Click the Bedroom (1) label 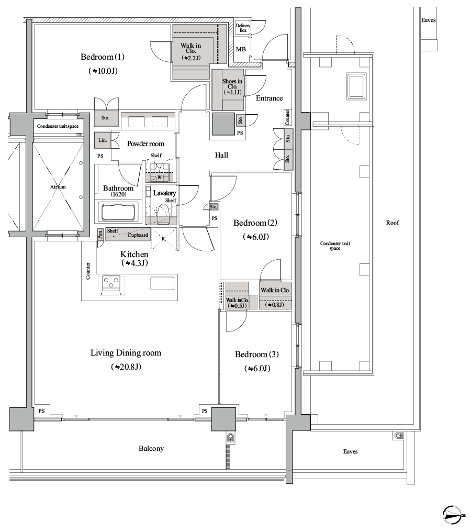click(103, 57)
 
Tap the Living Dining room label click(126, 353)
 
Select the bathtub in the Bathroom click(118, 213)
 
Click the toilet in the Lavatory click(163, 215)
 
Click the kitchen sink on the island click(162, 283)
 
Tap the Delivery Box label click(243, 28)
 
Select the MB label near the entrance click(241, 50)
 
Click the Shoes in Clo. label click(232, 86)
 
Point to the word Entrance click(269, 98)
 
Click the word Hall click(221, 155)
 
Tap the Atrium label click(58, 187)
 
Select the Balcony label click(151, 449)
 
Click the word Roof click(392, 223)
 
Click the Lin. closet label click(103, 140)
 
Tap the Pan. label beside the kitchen click(100, 234)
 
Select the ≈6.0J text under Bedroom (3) click(257, 369)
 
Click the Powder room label click(146, 144)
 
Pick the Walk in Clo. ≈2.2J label click(191, 51)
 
